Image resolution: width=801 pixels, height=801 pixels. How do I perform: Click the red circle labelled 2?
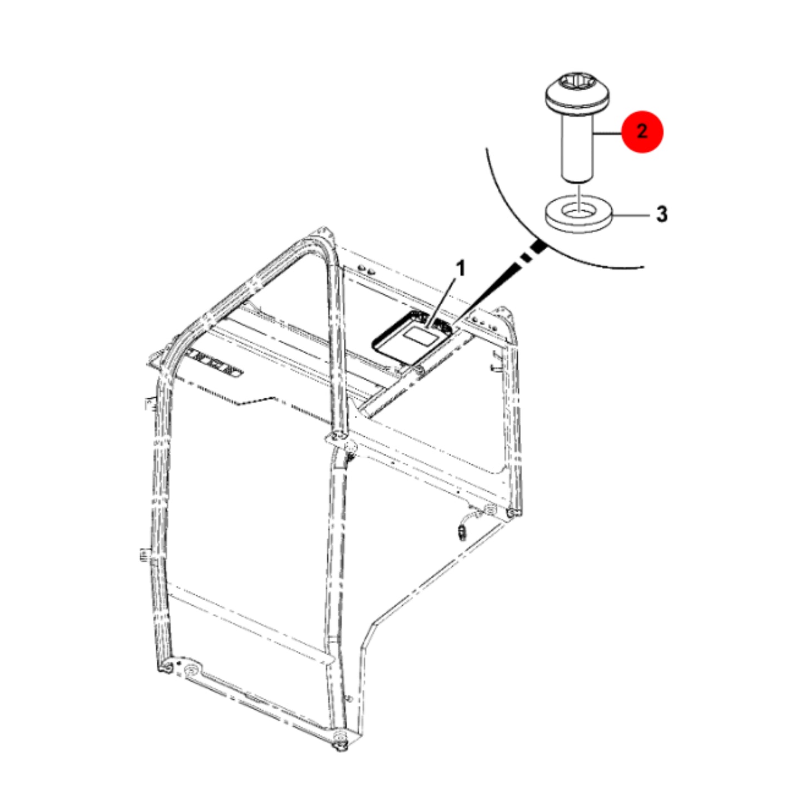coord(642,132)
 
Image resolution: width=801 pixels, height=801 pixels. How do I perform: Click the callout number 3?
coord(661,214)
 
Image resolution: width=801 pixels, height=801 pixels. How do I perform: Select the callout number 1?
coord(461,269)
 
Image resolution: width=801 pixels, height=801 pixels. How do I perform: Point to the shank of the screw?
coord(577,148)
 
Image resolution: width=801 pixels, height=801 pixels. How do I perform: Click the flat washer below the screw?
coord(578,214)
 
